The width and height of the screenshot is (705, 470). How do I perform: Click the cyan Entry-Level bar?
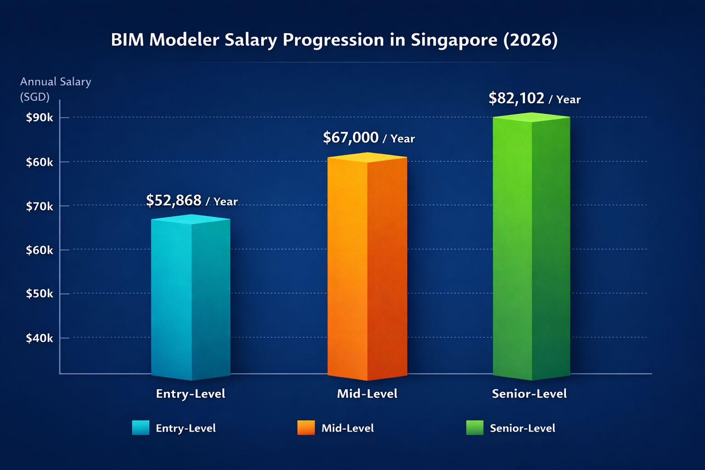pyautogui.click(x=190, y=298)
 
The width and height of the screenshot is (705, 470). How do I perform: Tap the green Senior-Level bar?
pyautogui.click(x=531, y=248)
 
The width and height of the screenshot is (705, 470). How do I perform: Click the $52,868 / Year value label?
pyautogui.click(x=191, y=201)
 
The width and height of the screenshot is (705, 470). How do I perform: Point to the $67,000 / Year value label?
pyautogui.click(x=369, y=138)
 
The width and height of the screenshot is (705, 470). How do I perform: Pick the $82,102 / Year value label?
pyautogui.click(x=534, y=98)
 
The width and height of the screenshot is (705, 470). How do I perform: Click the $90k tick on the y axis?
pyautogui.click(x=39, y=117)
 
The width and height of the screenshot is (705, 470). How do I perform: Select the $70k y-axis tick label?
pyautogui.click(x=39, y=207)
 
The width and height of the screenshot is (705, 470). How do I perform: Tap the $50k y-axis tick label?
pyautogui.click(x=39, y=294)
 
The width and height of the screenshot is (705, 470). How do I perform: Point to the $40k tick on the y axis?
pyautogui.click(x=39, y=338)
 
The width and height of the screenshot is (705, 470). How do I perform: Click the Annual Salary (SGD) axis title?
pyautogui.click(x=55, y=89)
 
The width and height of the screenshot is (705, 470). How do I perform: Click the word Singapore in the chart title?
pyautogui.click(x=453, y=40)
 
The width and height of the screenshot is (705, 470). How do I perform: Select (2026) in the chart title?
pyautogui.click(x=530, y=40)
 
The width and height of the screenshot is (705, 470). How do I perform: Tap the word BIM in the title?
pyautogui.click(x=127, y=40)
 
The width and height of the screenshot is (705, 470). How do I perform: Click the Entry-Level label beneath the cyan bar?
pyautogui.click(x=190, y=394)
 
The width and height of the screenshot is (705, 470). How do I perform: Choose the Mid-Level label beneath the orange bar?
pyautogui.click(x=367, y=394)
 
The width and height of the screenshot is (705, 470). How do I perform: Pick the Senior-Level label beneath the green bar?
pyautogui.click(x=529, y=394)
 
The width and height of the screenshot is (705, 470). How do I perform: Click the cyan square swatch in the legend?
pyautogui.click(x=140, y=427)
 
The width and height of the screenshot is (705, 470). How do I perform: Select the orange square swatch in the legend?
pyautogui.click(x=306, y=427)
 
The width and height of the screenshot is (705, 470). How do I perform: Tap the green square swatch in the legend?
pyautogui.click(x=475, y=427)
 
